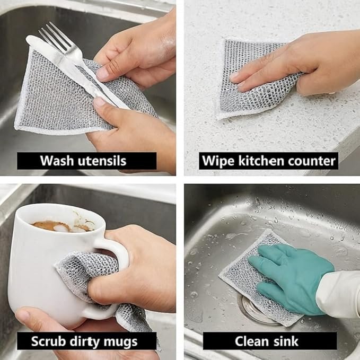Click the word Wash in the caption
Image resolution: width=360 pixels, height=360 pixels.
point(57,161)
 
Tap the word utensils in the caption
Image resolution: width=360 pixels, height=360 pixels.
point(102,161)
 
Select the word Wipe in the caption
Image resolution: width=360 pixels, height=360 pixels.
point(218,161)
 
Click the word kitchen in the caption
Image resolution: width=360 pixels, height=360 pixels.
point(261,161)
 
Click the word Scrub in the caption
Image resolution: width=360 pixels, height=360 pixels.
point(48,341)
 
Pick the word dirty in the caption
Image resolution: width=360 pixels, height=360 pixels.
point(84,342)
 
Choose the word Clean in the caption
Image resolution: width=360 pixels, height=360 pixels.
point(252,341)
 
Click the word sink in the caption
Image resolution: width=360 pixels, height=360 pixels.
point(286,341)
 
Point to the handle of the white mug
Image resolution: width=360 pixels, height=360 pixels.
point(110,276)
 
